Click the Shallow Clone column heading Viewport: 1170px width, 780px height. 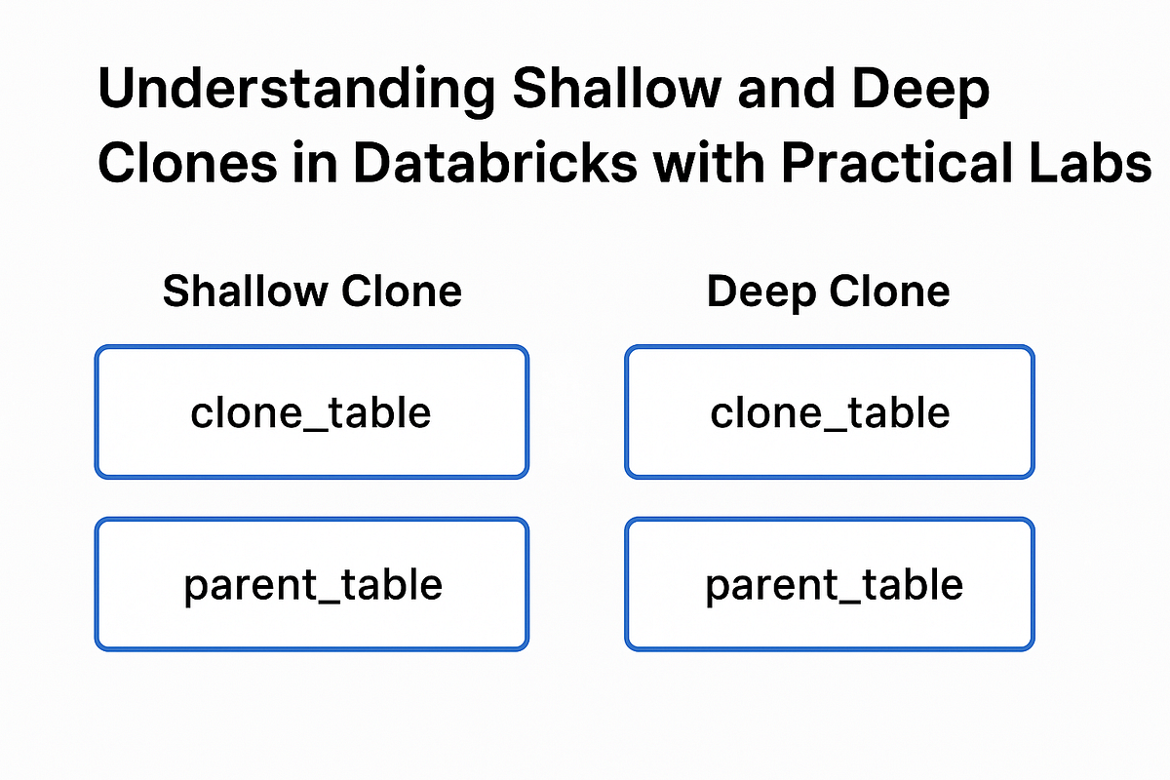(312, 292)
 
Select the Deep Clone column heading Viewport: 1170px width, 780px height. (828, 292)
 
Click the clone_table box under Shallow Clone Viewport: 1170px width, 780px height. (311, 412)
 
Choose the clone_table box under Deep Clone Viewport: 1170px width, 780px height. (829, 412)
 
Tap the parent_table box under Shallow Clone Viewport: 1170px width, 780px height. (311, 584)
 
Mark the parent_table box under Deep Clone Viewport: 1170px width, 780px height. (829, 584)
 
